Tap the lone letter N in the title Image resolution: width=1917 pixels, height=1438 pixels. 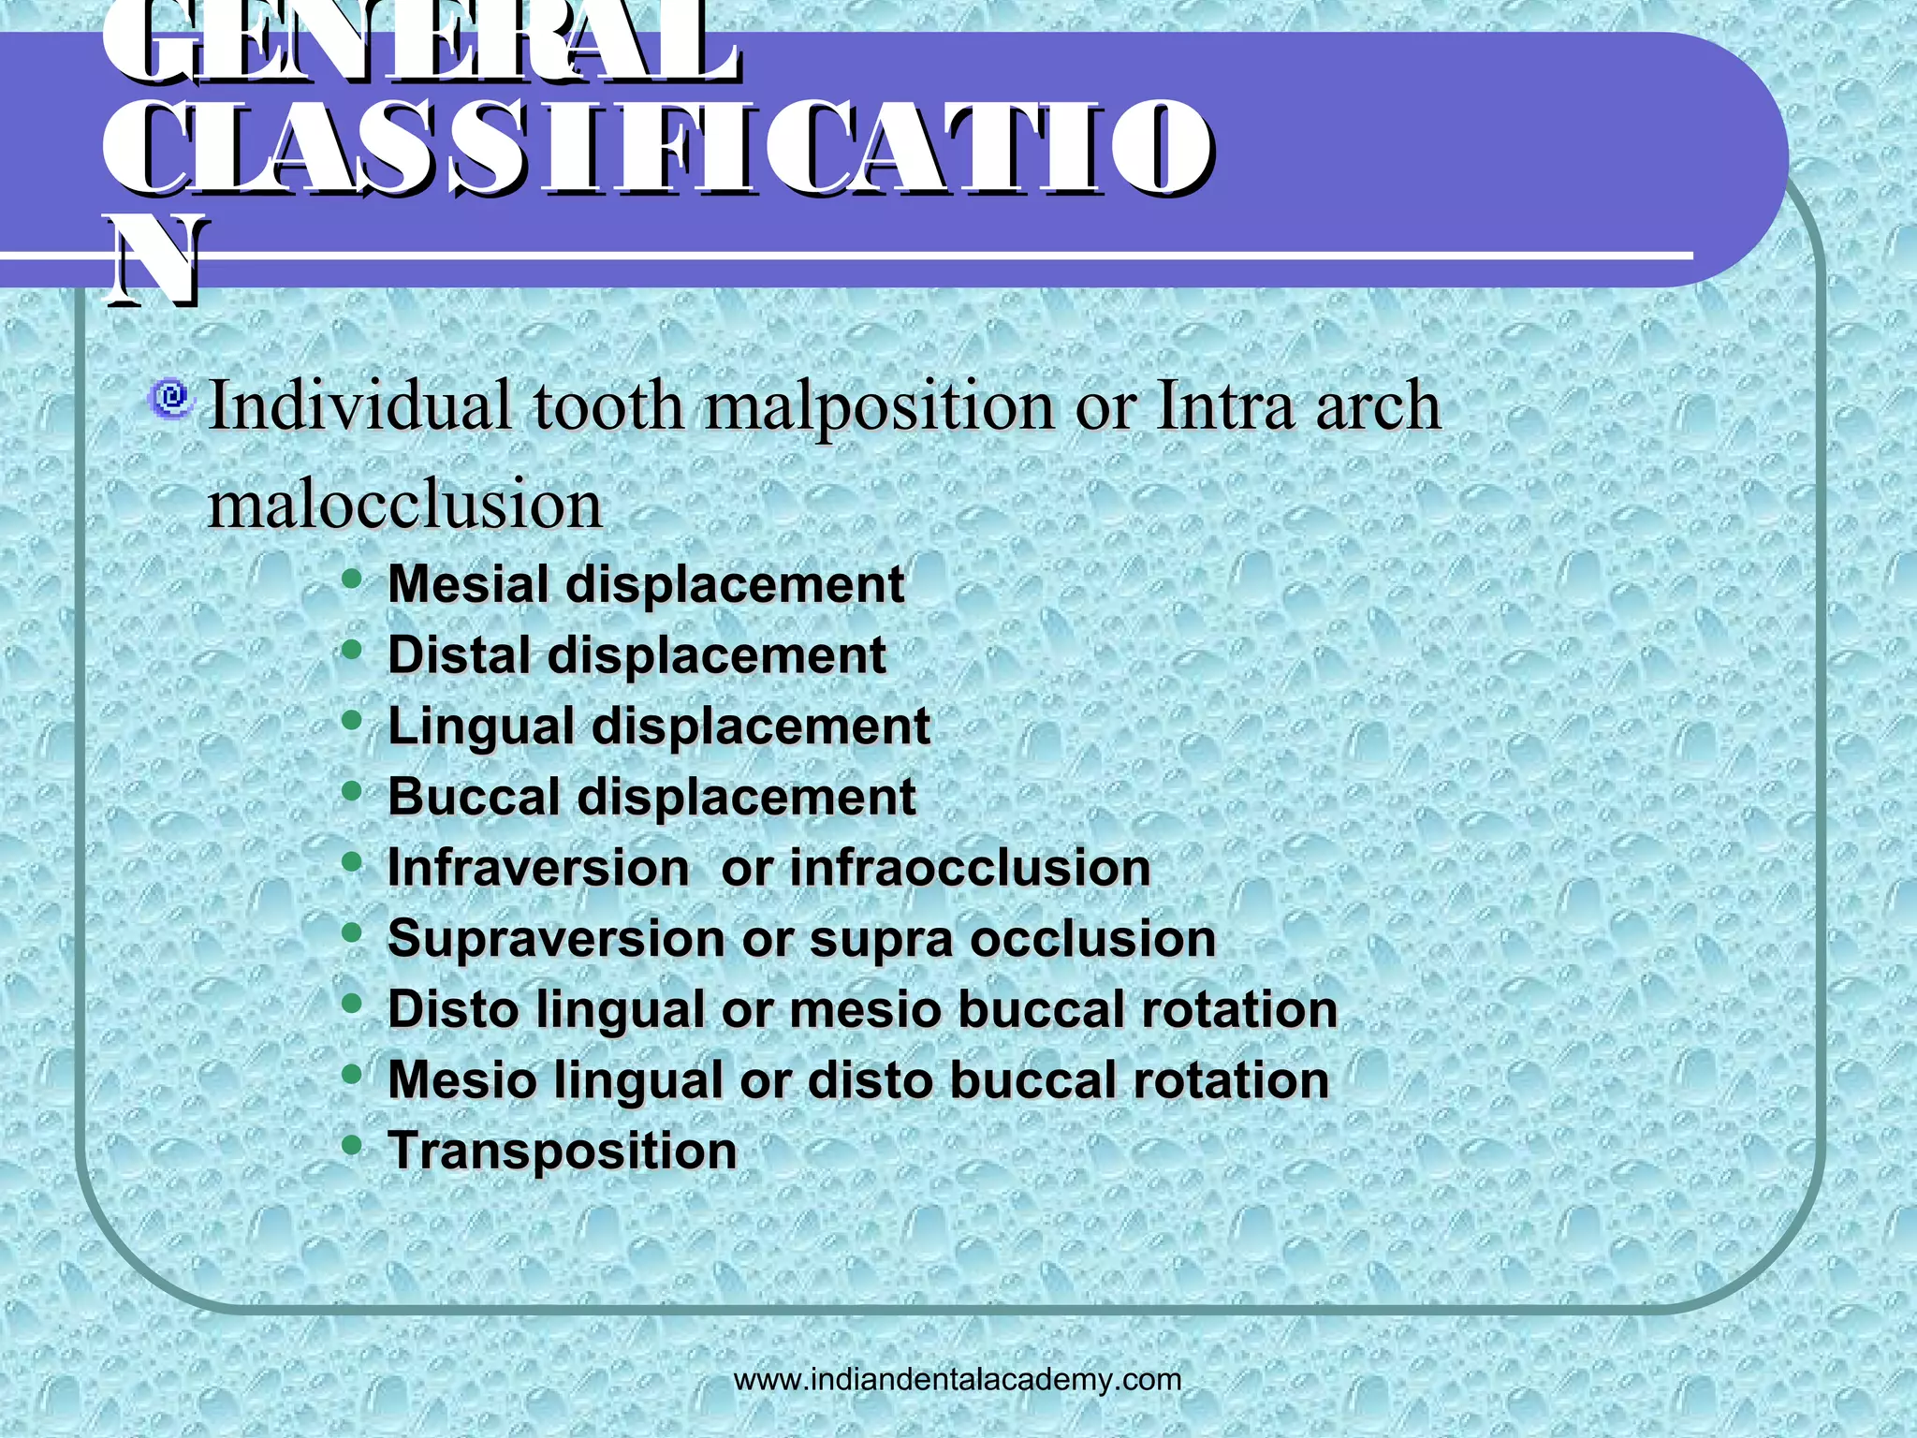[x=154, y=262]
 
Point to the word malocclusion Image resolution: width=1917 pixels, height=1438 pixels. [x=404, y=506]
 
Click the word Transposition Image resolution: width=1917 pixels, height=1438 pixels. [x=563, y=1152]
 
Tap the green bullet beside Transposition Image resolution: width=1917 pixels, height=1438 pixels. [x=352, y=1145]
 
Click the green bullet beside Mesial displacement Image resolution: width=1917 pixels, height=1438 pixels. [x=352, y=579]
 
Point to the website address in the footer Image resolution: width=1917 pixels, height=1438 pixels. [x=958, y=1379]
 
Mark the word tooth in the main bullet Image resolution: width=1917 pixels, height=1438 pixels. [x=608, y=406]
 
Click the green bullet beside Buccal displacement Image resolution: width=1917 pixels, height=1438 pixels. [x=352, y=791]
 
